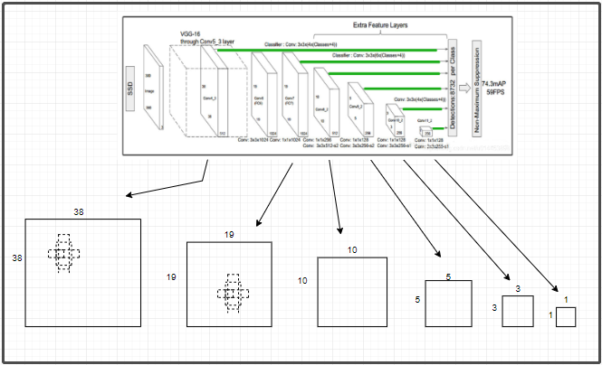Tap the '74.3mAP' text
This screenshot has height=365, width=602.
pyautogui.click(x=497, y=82)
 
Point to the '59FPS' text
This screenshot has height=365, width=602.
pyautogui.click(x=495, y=92)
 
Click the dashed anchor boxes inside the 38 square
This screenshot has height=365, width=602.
pyautogui.click(x=62, y=254)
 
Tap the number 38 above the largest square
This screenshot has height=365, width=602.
pyautogui.click(x=79, y=211)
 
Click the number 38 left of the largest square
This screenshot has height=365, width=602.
pyautogui.click(x=16, y=258)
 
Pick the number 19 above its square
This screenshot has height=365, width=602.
pyautogui.click(x=229, y=234)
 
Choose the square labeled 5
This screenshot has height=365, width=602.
pyautogui.click(x=448, y=303)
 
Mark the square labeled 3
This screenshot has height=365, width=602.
pyautogui.click(x=517, y=311)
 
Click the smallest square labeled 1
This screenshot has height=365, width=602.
pyautogui.click(x=566, y=316)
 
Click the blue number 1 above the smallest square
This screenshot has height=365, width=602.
pyautogui.click(x=566, y=299)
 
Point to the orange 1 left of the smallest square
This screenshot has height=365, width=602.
pyautogui.click(x=550, y=316)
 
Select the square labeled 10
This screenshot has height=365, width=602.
pyautogui.click(x=353, y=292)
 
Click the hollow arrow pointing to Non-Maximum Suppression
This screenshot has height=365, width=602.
pyautogui.click(x=463, y=88)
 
